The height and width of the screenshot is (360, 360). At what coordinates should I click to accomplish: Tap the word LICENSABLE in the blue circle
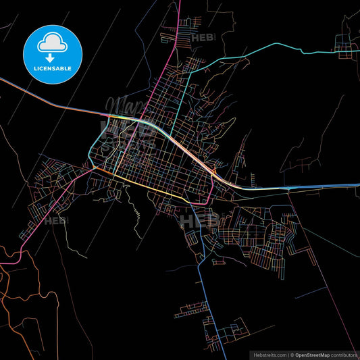52,68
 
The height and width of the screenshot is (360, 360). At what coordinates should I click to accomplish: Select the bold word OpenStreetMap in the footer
313,354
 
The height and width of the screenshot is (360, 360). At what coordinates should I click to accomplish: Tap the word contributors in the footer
344,354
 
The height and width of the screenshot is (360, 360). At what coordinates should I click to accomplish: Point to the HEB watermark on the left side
57,220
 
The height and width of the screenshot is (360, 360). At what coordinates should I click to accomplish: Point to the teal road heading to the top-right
270,45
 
